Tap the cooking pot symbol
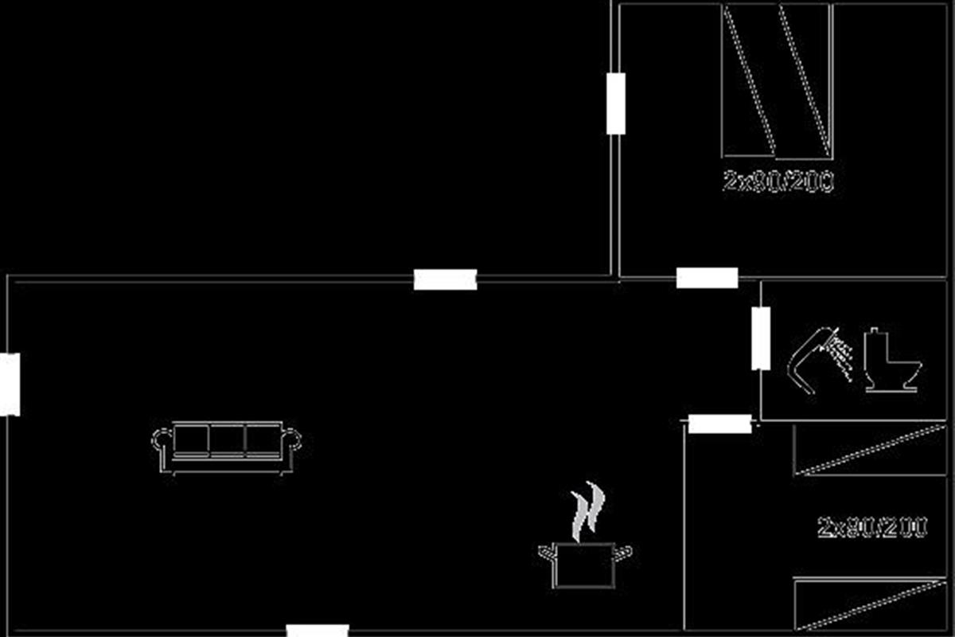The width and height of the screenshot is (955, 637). pyautogui.click(x=585, y=565)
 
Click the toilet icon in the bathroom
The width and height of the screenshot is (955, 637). pyautogui.click(x=890, y=362)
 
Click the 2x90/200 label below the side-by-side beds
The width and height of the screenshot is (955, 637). pyautogui.click(x=778, y=182)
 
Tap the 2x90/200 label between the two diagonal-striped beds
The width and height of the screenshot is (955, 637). pyautogui.click(x=872, y=527)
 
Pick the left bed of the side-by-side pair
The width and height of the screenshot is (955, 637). pyautogui.click(x=749, y=80)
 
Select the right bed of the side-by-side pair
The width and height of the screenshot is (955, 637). pyautogui.click(x=805, y=80)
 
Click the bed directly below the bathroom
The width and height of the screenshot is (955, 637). pyautogui.click(x=869, y=450)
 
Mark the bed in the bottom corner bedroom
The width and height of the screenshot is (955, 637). pyautogui.click(x=869, y=604)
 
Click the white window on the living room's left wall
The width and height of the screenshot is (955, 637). pyautogui.click(x=10, y=385)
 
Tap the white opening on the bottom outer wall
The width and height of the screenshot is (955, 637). pyautogui.click(x=318, y=631)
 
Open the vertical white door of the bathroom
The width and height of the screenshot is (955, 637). pyautogui.click(x=761, y=338)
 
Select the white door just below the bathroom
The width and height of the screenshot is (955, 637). pyautogui.click(x=719, y=424)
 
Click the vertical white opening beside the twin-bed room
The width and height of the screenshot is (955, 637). pyautogui.click(x=616, y=104)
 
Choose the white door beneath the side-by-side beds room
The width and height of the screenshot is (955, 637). pyautogui.click(x=707, y=278)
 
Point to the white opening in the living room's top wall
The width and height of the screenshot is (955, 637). pyautogui.click(x=445, y=279)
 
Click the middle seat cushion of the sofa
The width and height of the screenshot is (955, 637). pyautogui.click(x=227, y=440)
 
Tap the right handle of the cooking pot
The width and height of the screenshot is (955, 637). pyautogui.click(x=626, y=550)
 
